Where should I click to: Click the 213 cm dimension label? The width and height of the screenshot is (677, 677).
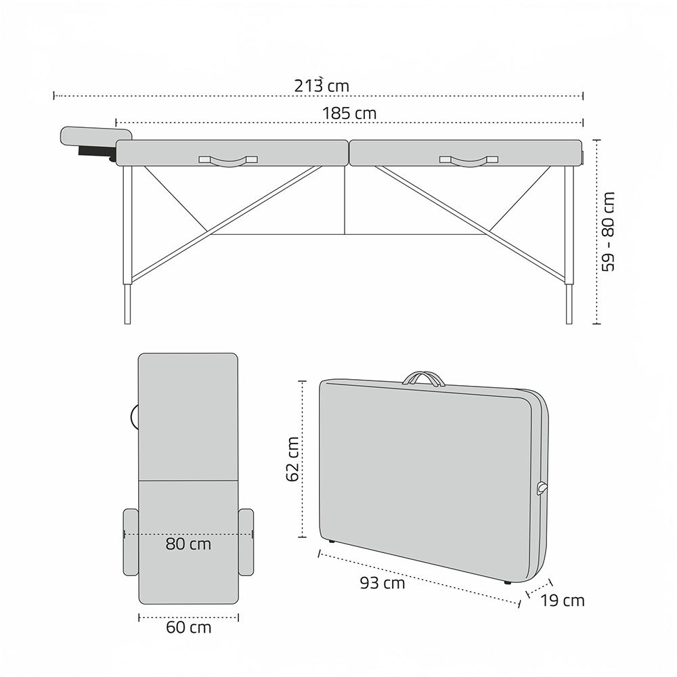tap(322, 85)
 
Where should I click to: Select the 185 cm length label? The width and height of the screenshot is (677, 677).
tap(349, 114)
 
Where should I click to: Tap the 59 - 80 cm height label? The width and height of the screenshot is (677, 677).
tap(608, 232)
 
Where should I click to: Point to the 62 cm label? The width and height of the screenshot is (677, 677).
tap(292, 459)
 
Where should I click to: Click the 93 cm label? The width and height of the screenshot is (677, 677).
tap(383, 583)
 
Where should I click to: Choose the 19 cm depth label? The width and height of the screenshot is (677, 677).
tap(563, 600)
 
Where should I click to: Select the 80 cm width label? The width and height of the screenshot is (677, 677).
tap(188, 544)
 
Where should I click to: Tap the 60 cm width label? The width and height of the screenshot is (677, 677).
tap(189, 628)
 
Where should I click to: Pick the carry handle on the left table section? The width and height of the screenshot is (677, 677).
tap(228, 161)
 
